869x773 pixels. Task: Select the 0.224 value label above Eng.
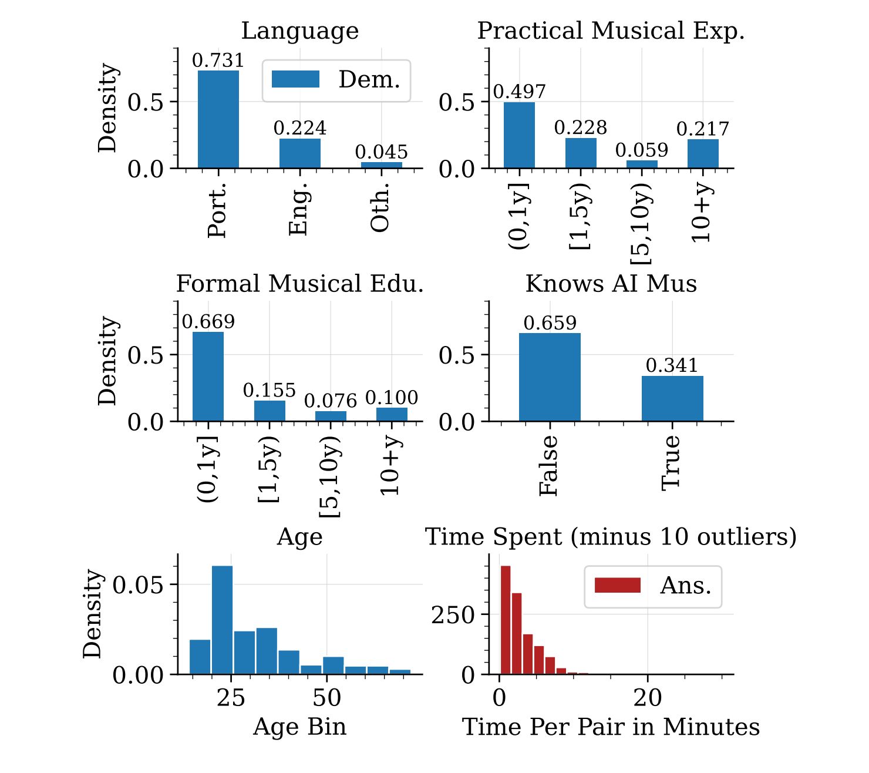pyautogui.click(x=300, y=128)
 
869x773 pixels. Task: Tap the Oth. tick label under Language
pyautogui.click(x=380, y=207)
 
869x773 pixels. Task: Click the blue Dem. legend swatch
pyautogui.click(x=295, y=79)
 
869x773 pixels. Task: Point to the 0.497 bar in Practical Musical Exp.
pyautogui.click(x=519, y=135)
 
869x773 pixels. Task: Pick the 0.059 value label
pyautogui.click(x=642, y=150)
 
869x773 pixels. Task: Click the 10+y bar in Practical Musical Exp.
pyautogui.click(x=703, y=153)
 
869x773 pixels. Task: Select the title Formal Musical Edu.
pyautogui.click(x=300, y=284)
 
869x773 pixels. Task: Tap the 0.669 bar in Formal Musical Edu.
pyautogui.click(x=208, y=377)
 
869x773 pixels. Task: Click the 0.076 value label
pyautogui.click(x=331, y=401)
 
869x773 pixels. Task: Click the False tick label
pyautogui.click(x=548, y=465)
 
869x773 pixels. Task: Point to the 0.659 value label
pyautogui.click(x=550, y=323)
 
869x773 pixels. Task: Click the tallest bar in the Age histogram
pyautogui.click(x=222, y=620)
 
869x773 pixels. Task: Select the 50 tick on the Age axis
pyautogui.click(x=326, y=698)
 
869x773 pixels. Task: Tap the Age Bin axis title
pyautogui.click(x=300, y=727)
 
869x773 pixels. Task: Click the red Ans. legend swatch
pyautogui.click(x=617, y=586)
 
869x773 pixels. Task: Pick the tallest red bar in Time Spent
pyautogui.click(x=505, y=620)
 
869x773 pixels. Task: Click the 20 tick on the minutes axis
pyautogui.click(x=648, y=698)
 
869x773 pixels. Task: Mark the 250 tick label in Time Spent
pyautogui.click(x=453, y=615)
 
